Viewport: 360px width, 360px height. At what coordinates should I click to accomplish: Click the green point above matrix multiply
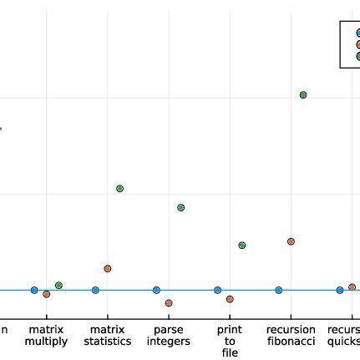[58, 286]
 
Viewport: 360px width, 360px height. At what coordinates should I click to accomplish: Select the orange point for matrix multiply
[47, 294]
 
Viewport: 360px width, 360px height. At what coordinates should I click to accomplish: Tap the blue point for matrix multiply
[34, 290]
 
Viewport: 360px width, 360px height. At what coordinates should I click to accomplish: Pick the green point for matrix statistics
[119, 189]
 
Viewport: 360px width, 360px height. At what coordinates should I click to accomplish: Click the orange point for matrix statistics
[108, 268]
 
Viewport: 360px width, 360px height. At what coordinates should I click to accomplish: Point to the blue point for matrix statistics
[95, 290]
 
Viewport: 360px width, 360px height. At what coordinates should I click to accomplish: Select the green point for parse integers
[180, 207]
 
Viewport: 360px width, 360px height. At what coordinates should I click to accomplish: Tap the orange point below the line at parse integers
[169, 302]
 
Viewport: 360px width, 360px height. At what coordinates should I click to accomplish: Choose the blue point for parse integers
[156, 290]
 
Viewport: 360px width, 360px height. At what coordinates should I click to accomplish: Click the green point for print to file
[242, 245]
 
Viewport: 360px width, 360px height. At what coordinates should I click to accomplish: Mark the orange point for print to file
[230, 299]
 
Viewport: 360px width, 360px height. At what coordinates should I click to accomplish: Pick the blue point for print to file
[217, 290]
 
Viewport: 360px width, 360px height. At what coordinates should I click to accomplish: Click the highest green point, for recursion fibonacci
[303, 94]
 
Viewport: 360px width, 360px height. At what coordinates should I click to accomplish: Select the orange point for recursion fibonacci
[291, 241]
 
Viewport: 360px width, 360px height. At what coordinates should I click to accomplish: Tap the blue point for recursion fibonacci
[279, 290]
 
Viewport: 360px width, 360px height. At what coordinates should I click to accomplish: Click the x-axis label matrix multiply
[47, 336]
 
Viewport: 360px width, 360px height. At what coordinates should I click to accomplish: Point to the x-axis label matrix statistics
[108, 336]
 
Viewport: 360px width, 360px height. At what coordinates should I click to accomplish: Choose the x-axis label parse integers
[169, 336]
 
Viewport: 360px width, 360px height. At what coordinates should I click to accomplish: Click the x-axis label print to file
[230, 341]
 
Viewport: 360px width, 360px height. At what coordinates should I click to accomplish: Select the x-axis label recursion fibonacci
[291, 336]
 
